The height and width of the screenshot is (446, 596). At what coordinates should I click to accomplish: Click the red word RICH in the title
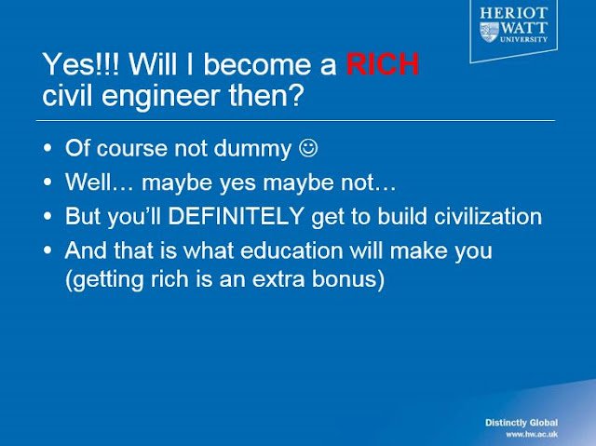click(383, 64)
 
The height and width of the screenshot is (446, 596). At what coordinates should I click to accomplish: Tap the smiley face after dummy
click(308, 147)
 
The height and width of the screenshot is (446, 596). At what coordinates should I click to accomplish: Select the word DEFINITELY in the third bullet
click(236, 216)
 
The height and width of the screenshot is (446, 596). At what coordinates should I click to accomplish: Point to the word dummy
click(252, 149)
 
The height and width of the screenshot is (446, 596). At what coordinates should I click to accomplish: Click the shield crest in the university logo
click(489, 32)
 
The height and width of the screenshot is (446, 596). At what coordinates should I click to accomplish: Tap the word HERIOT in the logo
click(513, 13)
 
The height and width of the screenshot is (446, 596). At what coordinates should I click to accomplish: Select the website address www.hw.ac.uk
click(532, 434)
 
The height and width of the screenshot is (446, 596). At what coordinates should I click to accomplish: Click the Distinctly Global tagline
click(521, 423)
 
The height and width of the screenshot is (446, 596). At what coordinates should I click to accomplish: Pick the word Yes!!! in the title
click(81, 64)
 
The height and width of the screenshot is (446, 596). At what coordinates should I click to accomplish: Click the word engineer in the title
click(160, 96)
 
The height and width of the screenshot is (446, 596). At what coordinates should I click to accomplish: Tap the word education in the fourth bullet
click(291, 250)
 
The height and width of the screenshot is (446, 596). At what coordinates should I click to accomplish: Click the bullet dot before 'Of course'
click(47, 148)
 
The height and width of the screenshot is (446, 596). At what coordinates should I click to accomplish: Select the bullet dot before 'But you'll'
click(47, 216)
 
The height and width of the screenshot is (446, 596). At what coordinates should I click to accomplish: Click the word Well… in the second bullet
click(100, 182)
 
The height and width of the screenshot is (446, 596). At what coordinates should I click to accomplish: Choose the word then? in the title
click(265, 95)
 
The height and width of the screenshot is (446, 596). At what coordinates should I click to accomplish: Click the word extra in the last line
click(278, 279)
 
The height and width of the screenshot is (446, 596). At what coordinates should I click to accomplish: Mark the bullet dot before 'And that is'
click(47, 250)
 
